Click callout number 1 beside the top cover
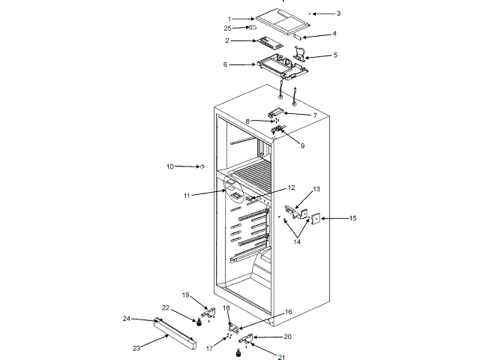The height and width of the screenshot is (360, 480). (x=229, y=18)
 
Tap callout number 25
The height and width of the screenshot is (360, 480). (x=228, y=28)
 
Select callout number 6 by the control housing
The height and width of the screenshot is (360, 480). (x=226, y=64)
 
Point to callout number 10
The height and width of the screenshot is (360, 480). (x=169, y=166)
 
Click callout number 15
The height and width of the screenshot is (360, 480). (x=353, y=218)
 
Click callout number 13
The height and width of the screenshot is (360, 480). (x=316, y=189)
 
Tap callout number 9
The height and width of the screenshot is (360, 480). (x=302, y=145)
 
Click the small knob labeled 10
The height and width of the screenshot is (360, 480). (x=202, y=166)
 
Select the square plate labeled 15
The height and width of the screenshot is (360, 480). (x=316, y=219)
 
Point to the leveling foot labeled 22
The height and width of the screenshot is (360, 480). (x=198, y=323)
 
